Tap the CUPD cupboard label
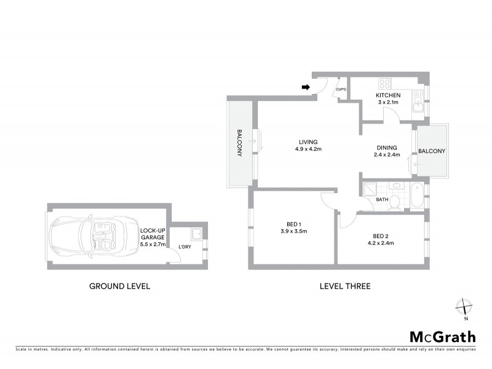coord(341,90)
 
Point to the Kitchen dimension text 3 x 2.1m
coord(388,103)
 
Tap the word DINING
coord(387,148)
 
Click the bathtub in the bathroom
coord(418,196)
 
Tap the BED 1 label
coord(293,223)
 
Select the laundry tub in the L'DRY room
coord(197,234)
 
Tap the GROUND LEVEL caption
coord(120,286)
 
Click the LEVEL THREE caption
coord(344,286)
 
